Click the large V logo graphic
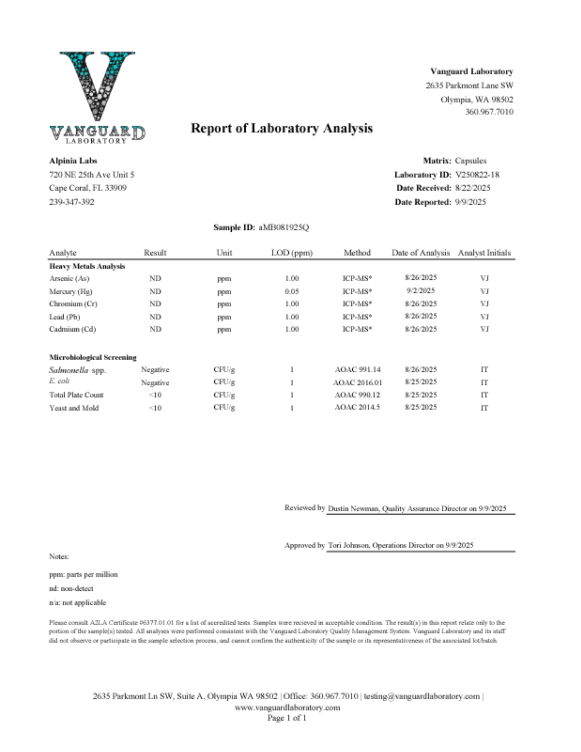(97, 86)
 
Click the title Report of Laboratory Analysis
(282, 128)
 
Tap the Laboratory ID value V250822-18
(477, 174)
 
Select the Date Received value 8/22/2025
(472, 188)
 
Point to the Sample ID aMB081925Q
(284, 227)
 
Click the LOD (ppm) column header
(292, 253)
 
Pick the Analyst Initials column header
(484, 253)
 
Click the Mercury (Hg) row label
(71, 291)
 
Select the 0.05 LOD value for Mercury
(292, 291)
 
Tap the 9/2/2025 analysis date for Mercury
(420, 291)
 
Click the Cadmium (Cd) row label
(73, 329)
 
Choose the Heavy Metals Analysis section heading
(87, 266)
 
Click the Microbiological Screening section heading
(93, 357)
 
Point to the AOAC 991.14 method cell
(357, 370)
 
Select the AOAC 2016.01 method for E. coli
(357, 383)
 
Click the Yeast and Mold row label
(74, 408)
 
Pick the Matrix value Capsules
(470, 161)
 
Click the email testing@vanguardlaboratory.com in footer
(422, 696)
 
